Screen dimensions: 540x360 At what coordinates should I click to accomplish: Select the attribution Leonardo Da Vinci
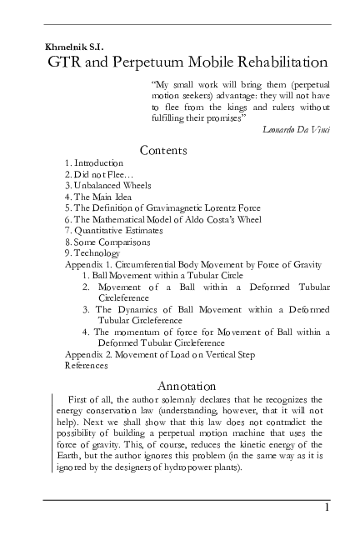point(296,130)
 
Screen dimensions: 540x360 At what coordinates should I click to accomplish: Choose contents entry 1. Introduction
point(93,162)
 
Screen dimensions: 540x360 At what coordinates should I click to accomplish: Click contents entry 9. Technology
point(92,253)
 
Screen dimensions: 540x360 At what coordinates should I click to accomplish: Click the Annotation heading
point(187,386)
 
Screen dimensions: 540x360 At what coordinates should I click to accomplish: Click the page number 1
point(328,508)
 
